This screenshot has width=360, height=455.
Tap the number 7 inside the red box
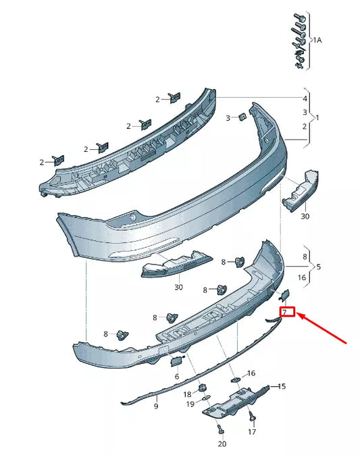coord(286,312)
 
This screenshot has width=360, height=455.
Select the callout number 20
coord(222,444)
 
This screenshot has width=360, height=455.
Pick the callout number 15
coord(282,386)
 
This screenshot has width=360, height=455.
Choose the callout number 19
coord(190,403)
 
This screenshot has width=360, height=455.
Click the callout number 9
coord(155,406)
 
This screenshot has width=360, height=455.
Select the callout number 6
coord(177,376)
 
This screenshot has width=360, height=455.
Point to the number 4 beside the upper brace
coord(304,99)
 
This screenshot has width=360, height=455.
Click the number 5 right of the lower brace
coord(318,267)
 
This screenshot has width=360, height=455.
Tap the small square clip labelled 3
coord(241,118)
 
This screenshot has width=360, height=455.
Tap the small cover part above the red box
coord(284,294)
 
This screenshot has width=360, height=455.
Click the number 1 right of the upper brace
coord(317,117)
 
